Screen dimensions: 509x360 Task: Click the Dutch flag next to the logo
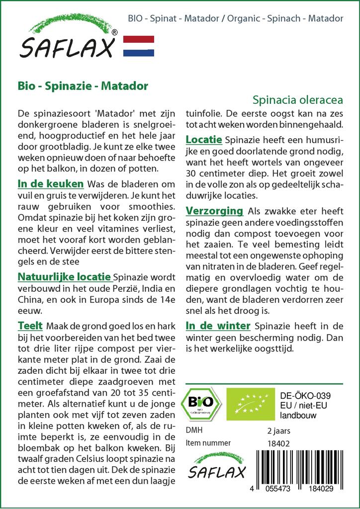click(x=138, y=46)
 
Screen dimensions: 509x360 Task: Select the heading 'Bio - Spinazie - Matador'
click(x=83, y=85)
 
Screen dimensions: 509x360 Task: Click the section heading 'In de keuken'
click(x=50, y=184)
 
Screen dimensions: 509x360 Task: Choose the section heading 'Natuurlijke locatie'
click(x=65, y=276)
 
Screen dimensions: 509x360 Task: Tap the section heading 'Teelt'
click(x=29, y=326)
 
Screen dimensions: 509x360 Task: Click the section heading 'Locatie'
click(x=204, y=140)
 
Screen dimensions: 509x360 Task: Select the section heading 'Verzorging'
click(x=214, y=211)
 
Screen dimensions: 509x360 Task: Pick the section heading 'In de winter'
click(x=218, y=326)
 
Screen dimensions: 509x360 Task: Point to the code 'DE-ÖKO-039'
click(x=306, y=395)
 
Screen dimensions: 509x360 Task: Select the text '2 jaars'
click(x=278, y=430)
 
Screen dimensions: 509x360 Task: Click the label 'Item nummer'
click(x=208, y=443)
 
